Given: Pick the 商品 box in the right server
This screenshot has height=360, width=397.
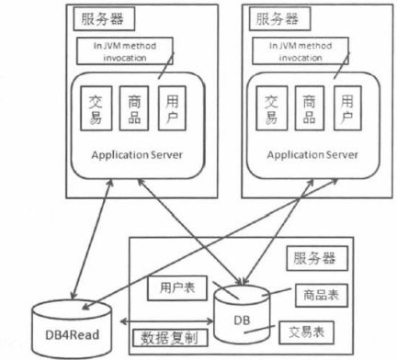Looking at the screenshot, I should (x=309, y=108).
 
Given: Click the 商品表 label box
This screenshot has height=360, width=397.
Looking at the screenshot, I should (x=314, y=295).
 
